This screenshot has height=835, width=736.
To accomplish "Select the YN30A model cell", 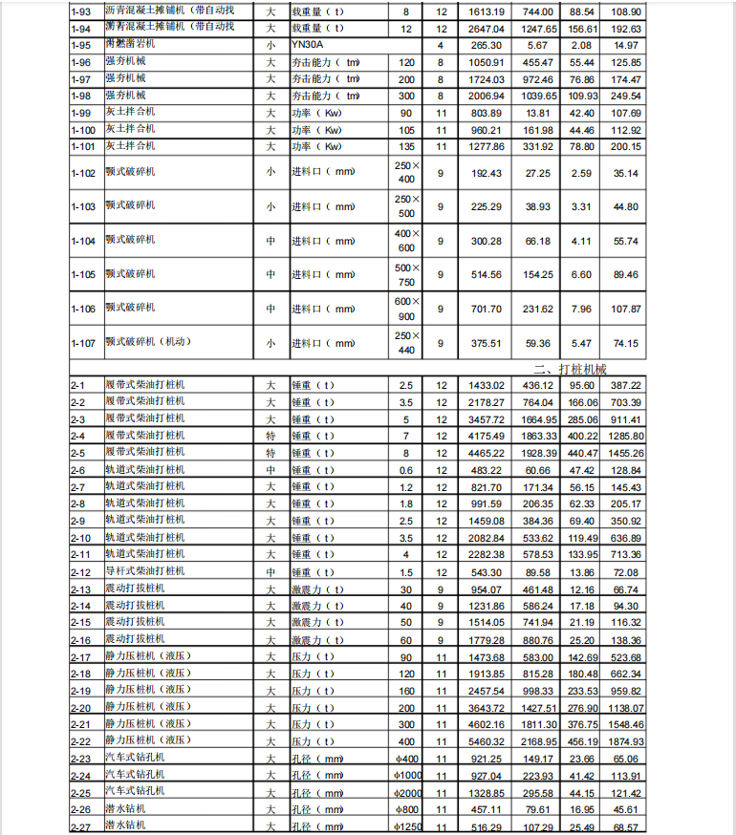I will click(x=308, y=45).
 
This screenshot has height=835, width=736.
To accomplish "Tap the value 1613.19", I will click(x=486, y=11).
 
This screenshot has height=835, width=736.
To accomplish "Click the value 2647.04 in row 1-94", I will click(x=486, y=29).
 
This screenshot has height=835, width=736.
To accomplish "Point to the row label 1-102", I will click(x=84, y=173).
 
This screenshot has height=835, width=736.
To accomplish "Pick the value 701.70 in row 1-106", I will click(x=486, y=309).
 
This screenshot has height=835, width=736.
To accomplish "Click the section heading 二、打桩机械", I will click(x=571, y=368).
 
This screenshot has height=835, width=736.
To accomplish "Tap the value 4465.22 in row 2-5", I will click(x=486, y=453).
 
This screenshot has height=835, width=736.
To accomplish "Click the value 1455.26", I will click(x=622, y=453).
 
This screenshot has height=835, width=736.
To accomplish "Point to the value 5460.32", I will click(x=486, y=741).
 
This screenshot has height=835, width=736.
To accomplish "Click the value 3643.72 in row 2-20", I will click(x=486, y=707).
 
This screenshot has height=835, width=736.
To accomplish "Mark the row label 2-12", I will click(x=81, y=572).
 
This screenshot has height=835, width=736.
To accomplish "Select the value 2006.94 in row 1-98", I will click(x=486, y=96).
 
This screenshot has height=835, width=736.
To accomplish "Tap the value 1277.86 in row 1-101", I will click(x=486, y=147).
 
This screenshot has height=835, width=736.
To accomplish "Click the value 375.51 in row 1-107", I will click(x=486, y=343).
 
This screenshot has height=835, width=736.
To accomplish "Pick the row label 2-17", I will click(x=81, y=656).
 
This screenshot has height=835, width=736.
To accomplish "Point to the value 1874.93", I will click(x=622, y=741).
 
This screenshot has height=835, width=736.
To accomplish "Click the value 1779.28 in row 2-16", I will click(x=486, y=639).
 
